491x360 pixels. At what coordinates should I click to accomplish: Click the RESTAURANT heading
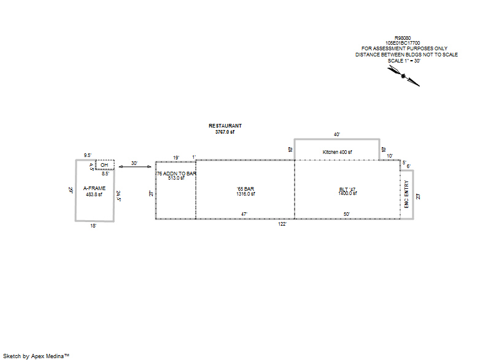click(x=225, y=126)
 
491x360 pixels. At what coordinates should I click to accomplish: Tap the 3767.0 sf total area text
click(x=225, y=132)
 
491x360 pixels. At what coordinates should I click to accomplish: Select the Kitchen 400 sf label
click(x=337, y=151)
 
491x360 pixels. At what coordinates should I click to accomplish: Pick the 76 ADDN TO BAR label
click(x=176, y=174)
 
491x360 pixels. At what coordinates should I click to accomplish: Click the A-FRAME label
click(x=93, y=189)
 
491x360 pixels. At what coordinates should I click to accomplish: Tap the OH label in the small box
click(x=104, y=165)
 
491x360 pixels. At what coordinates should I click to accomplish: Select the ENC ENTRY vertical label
click(x=406, y=193)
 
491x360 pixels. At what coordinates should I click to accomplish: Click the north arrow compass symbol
click(x=404, y=75)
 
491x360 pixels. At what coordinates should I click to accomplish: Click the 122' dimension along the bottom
click(x=282, y=224)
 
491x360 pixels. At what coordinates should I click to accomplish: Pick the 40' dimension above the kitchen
click(x=337, y=134)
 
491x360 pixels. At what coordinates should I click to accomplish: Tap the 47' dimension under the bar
click(x=244, y=215)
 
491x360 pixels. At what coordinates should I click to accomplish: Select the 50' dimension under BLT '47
click(x=347, y=215)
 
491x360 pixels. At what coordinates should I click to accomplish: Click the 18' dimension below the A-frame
click(x=93, y=226)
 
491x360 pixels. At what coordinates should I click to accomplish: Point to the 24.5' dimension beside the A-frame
click(x=120, y=196)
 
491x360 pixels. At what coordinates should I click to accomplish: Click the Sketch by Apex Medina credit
click(x=36, y=356)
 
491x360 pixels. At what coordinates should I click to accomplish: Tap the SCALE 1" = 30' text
click(x=403, y=61)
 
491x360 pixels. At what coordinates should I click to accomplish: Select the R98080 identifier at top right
click(x=403, y=37)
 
